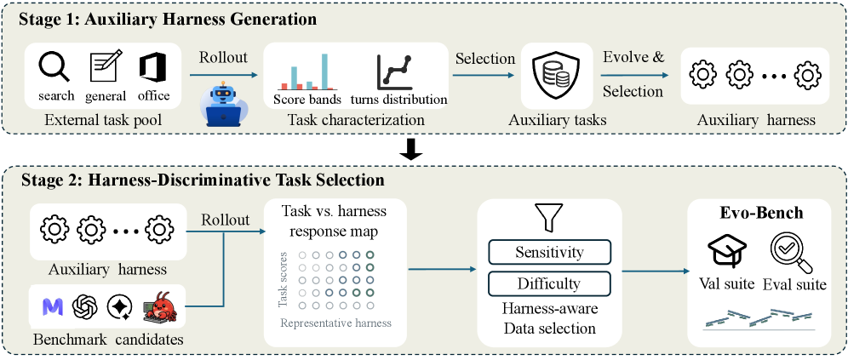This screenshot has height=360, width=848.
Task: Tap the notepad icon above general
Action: (x=105, y=66)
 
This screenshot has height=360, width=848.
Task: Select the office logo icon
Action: (x=153, y=67)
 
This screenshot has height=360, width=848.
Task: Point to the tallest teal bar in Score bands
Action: (x=324, y=71)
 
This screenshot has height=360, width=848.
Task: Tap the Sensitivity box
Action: (x=549, y=252)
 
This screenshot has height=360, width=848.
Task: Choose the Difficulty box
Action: (x=549, y=283)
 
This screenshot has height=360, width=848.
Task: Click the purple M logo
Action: (x=53, y=307)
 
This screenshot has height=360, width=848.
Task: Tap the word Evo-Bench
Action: (x=761, y=213)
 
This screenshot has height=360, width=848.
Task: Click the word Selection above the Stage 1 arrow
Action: (x=485, y=59)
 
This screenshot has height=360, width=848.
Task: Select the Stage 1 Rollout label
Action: (x=224, y=58)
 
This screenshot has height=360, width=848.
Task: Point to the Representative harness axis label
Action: (x=335, y=323)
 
